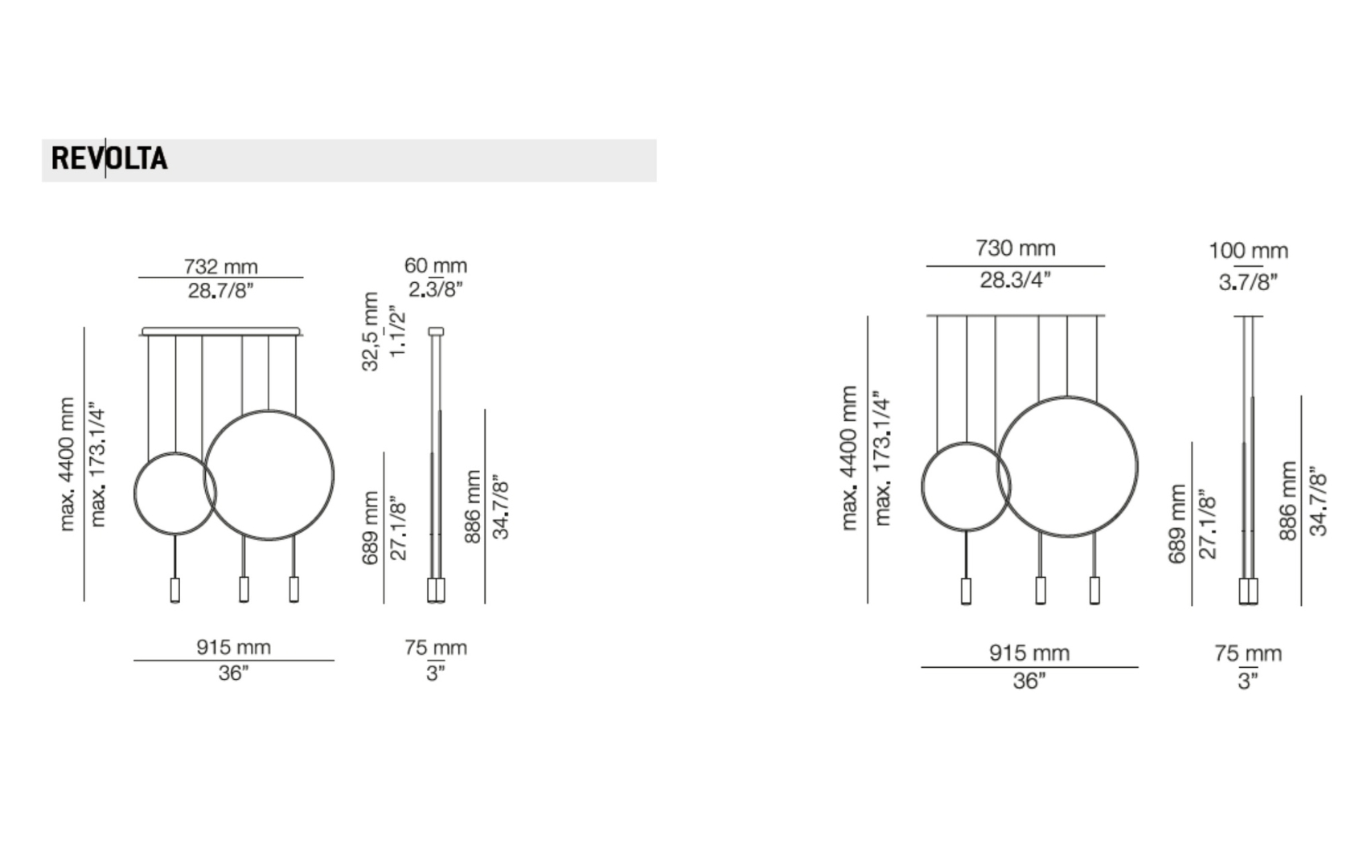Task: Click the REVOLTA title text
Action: (109, 158)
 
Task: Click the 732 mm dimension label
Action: (221, 267)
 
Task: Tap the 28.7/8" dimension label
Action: (220, 291)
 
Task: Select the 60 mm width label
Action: (436, 266)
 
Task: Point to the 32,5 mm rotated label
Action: (371, 331)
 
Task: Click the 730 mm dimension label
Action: (1016, 248)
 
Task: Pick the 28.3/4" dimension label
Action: (1016, 280)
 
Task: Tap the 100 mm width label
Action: (1249, 251)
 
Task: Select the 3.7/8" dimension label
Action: (1248, 282)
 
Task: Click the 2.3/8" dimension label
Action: (436, 289)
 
